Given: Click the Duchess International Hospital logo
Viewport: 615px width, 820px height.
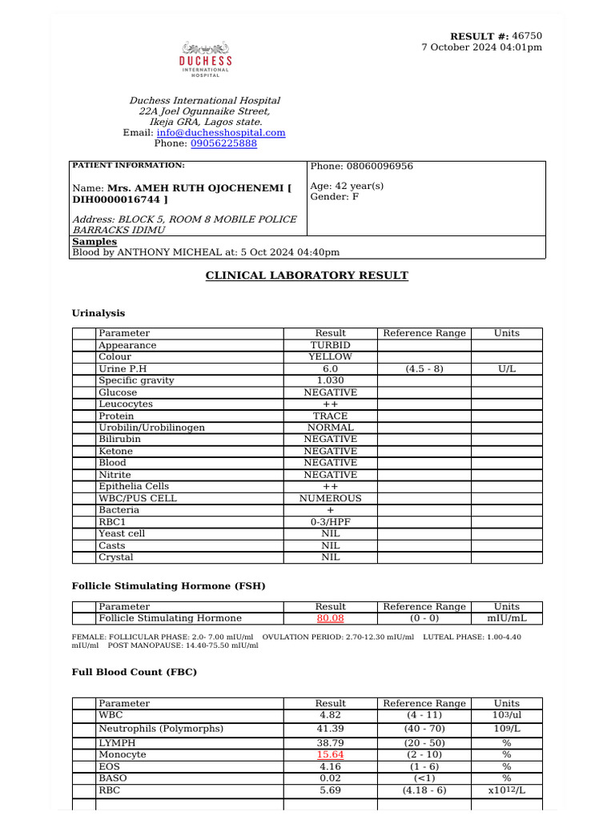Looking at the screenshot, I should click(x=205, y=61).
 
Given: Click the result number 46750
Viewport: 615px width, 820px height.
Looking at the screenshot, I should click(x=527, y=36).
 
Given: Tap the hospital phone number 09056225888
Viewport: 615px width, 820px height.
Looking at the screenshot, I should click(x=223, y=143).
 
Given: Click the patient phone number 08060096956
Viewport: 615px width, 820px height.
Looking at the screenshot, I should click(x=379, y=167).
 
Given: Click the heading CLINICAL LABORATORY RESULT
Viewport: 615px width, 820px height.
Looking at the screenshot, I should click(x=307, y=275).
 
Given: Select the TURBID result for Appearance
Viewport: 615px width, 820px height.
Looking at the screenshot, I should click(x=330, y=345).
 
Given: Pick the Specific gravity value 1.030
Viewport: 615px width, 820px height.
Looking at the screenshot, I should click(x=330, y=380).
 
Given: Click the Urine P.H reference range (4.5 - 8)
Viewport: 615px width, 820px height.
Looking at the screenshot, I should click(x=424, y=368).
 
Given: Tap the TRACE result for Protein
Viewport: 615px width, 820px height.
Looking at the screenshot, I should click(x=330, y=416).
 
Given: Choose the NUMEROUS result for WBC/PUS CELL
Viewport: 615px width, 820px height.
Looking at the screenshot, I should click(x=330, y=498).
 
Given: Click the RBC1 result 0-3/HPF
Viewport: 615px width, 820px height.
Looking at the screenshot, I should click(x=330, y=521).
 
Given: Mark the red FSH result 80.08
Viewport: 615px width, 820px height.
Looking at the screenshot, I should click(x=330, y=618).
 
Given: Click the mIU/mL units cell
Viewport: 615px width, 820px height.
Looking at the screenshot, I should click(x=506, y=618).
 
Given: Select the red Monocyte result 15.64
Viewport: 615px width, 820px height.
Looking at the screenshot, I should click(x=330, y=754).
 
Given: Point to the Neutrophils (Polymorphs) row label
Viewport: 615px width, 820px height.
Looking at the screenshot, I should click(x=161, y=729).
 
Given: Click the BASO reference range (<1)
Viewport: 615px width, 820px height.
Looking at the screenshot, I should click(x=424, y=778).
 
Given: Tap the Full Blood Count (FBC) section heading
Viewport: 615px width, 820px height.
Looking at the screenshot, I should click(x=135, y=672).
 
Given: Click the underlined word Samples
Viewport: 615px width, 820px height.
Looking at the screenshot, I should click(x=94, y=241).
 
